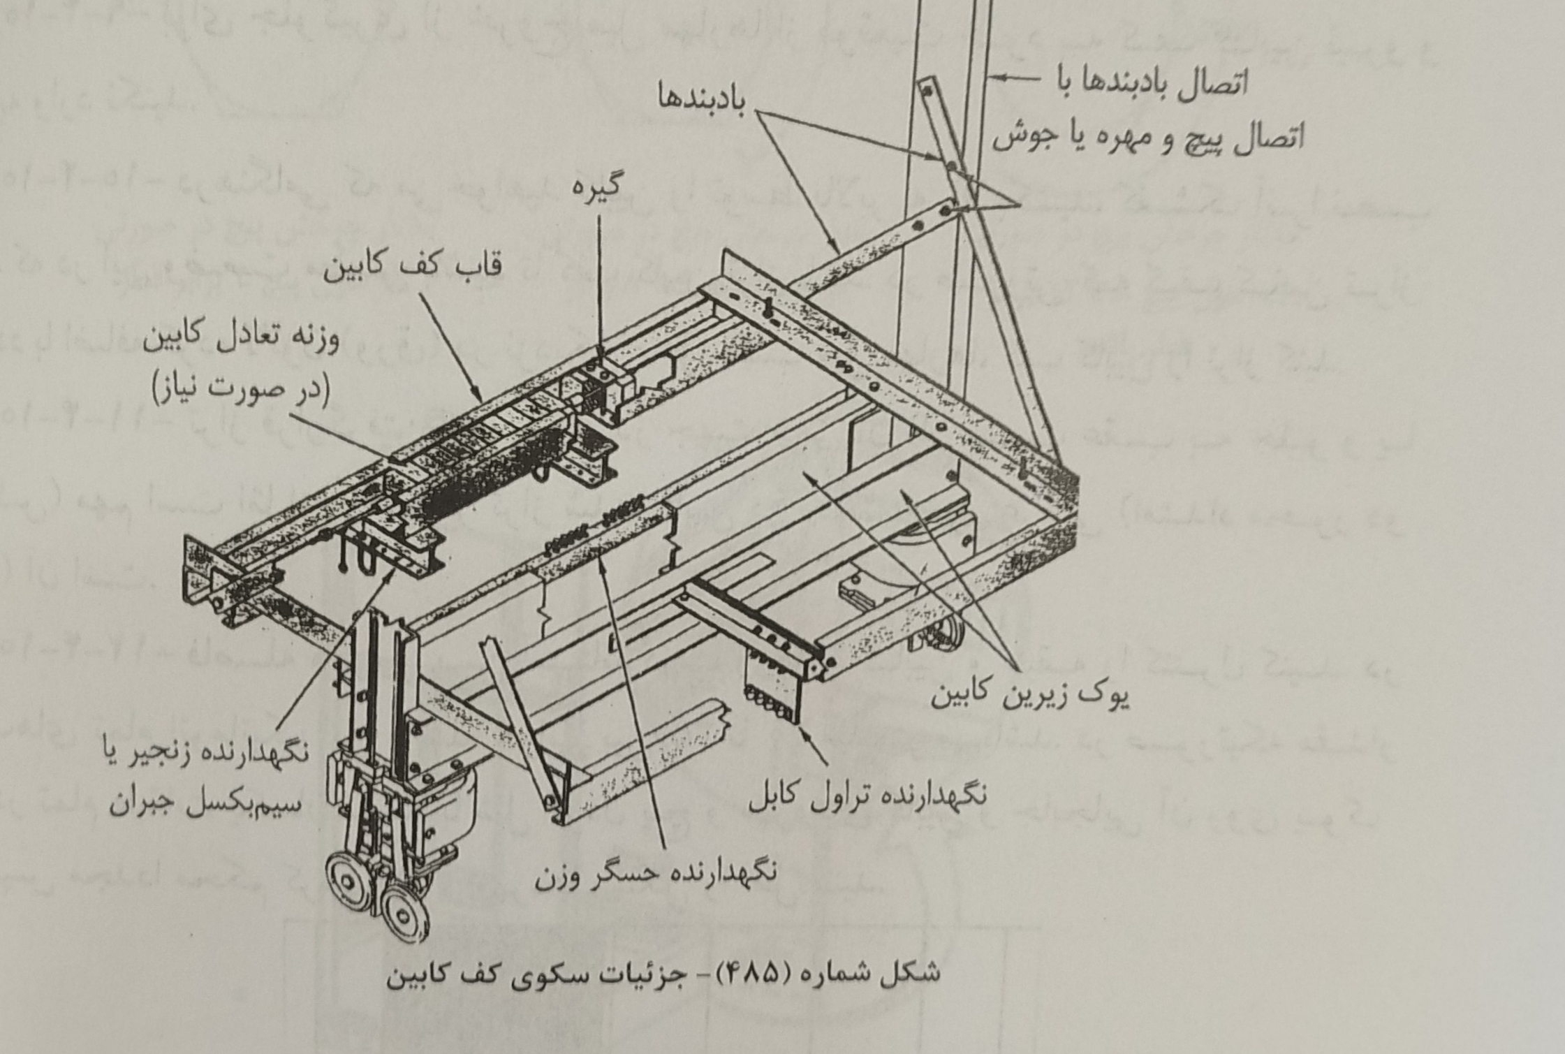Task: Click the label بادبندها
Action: [x=701, y=98]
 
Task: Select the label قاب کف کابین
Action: [x=412, y=268]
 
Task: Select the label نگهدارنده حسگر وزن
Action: [x=656, y=873]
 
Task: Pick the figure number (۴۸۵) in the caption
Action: [x=754, y=973]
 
